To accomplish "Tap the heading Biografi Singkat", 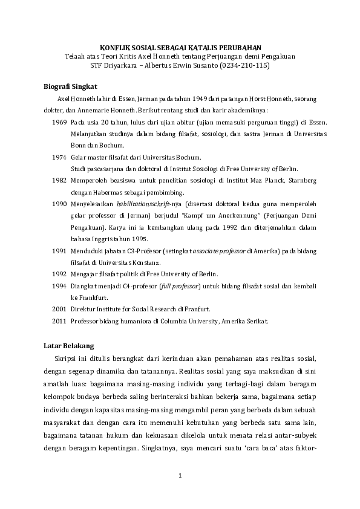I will [71, 86].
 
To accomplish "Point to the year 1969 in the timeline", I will [59, 122].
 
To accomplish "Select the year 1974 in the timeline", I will [59, 157].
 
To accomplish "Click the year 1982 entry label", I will [59, 180].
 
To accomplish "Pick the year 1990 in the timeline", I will [59, 204].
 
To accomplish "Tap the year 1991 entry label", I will [59, 250].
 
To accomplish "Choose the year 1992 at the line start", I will [59, 274].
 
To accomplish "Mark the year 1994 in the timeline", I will [59, 285].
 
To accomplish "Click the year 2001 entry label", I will [59, 309].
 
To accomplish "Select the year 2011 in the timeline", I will [59, 321].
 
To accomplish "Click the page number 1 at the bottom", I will [180, 478].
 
